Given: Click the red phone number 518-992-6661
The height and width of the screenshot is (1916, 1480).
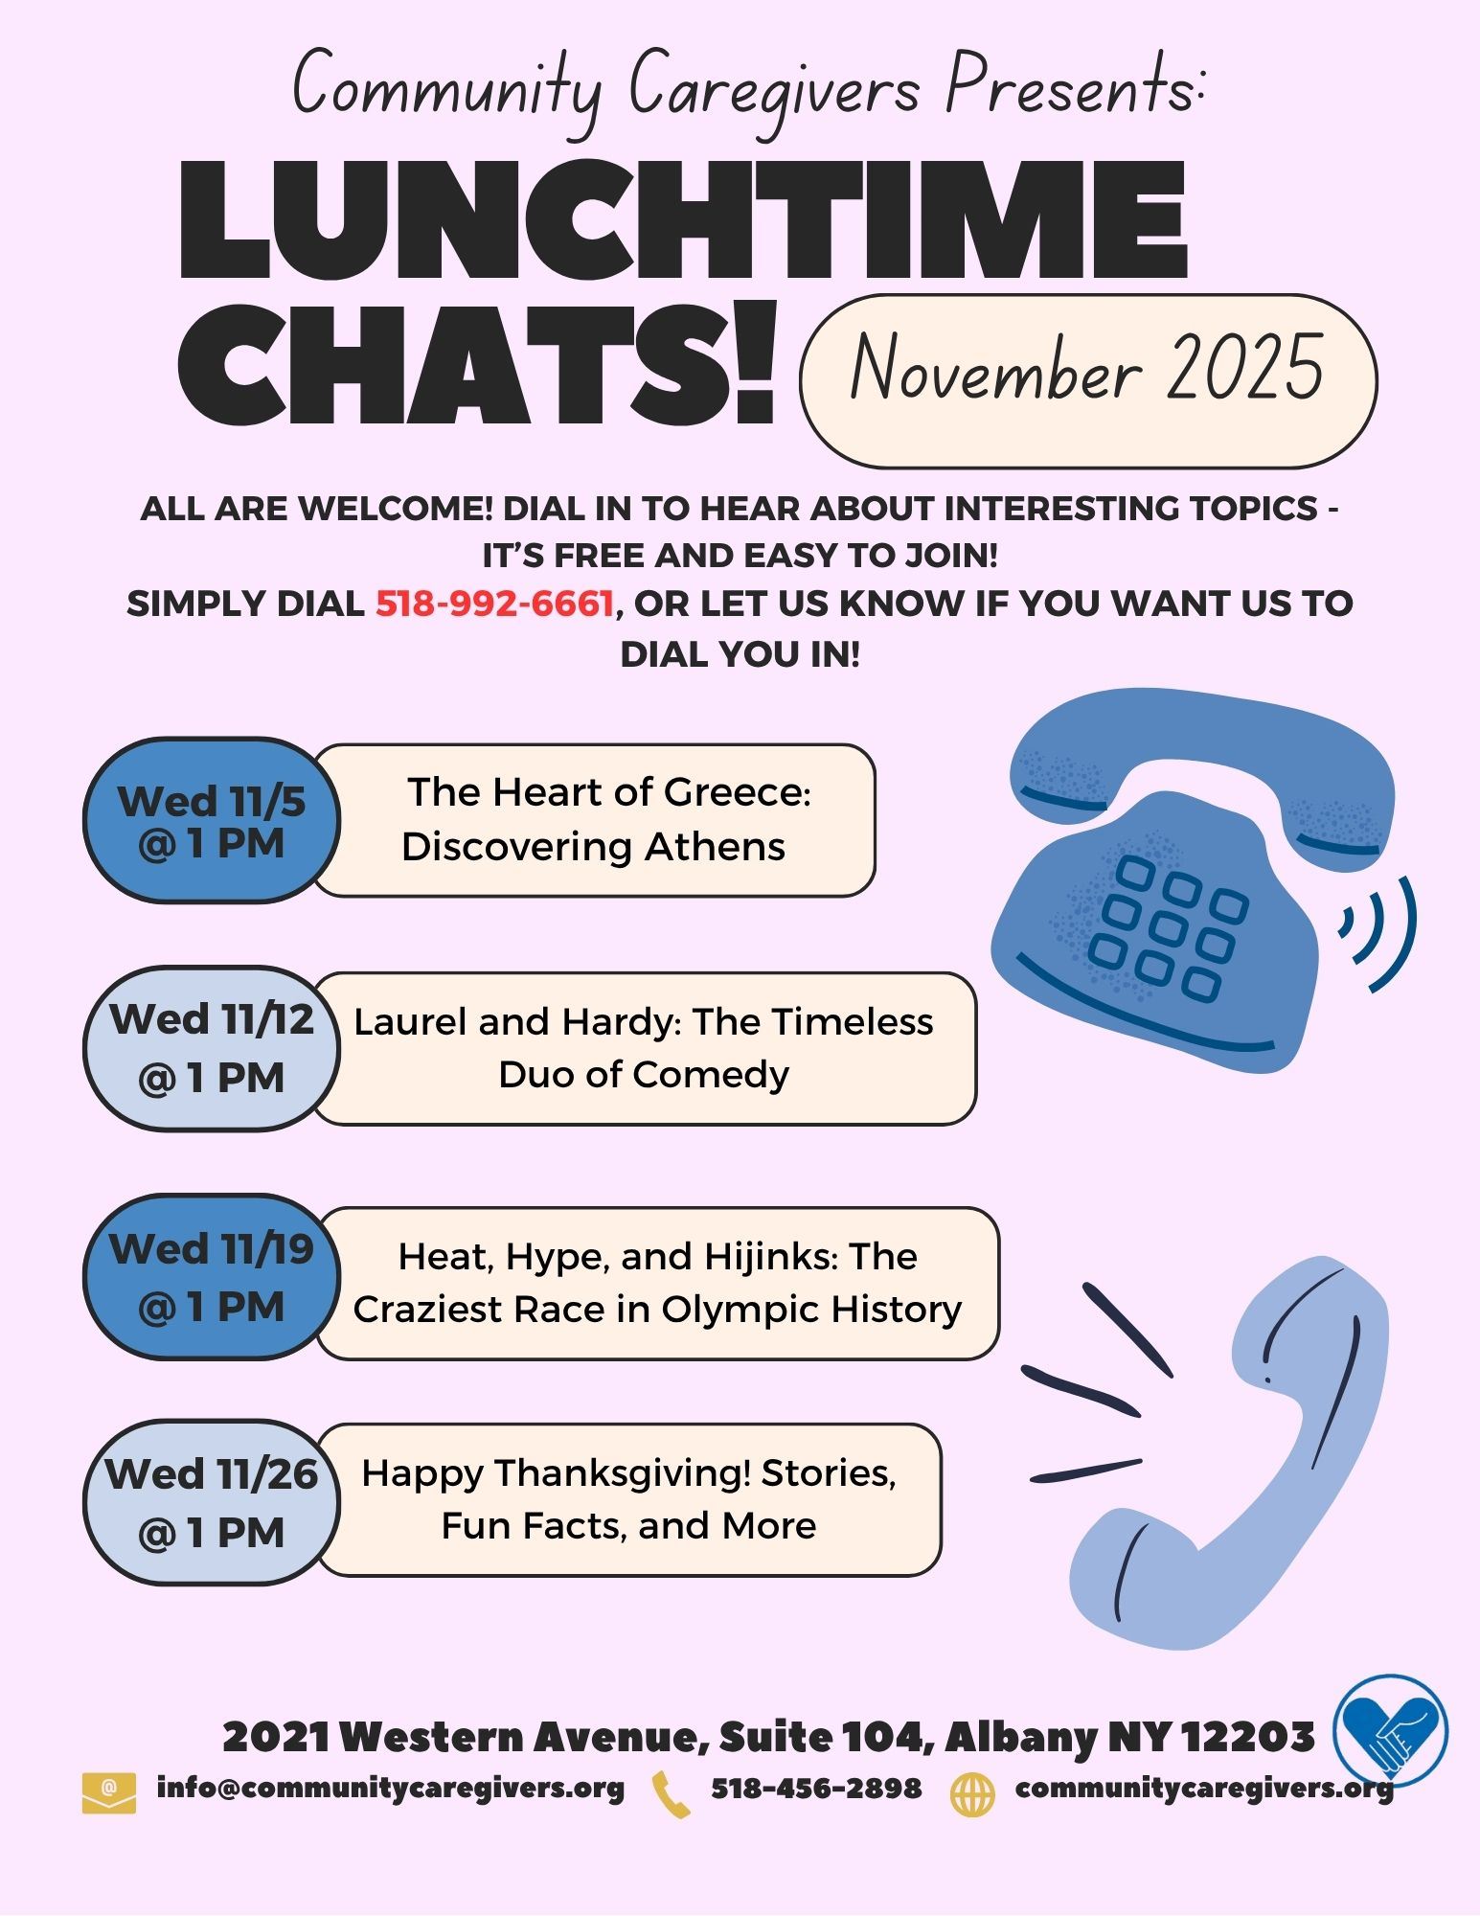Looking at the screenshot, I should [x=493, y=604].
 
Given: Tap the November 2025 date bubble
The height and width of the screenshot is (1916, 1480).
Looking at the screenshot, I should [x=1087, y=380].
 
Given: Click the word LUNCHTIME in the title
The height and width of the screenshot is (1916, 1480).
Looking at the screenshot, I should [x=682, y=222].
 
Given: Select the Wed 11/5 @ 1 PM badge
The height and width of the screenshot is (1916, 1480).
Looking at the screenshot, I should [x=211, y=821].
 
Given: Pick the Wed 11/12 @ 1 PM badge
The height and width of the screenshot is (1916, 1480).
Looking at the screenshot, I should [x=211, y=1048].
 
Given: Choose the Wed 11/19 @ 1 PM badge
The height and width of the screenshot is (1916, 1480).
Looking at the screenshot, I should [x=211, y=1277].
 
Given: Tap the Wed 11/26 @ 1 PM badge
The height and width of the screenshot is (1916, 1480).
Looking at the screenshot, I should [x=211, y=1503].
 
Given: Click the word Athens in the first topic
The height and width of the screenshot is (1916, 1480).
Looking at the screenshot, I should [x=714, y=847].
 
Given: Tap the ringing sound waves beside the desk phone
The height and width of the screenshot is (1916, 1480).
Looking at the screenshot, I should [x=1379, y=933].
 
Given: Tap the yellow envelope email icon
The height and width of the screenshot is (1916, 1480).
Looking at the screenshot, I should [x=108, y=1793].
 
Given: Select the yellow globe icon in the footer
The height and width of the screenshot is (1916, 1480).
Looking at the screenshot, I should [x=972, y=1793].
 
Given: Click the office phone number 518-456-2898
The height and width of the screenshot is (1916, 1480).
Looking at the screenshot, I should [x=815, y=1789].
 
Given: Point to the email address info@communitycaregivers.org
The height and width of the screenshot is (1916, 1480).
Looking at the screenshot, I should [x=390, y=1789].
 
